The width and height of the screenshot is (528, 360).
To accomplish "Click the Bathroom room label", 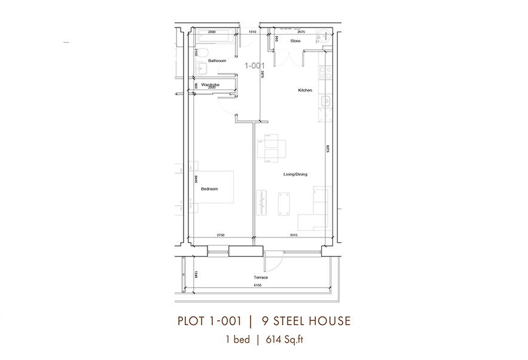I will pyautogui.click(x=217, y=61).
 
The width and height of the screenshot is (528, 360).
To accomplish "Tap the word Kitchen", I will pyautogui.click(x=305, y=90).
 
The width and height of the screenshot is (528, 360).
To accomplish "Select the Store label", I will pyautogui.click(x=295, y=41).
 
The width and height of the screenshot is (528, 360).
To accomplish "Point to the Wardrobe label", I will pyautogui.click(x=210, y=85).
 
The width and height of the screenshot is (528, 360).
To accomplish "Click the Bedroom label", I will pyautogui.click(x=209, y=189).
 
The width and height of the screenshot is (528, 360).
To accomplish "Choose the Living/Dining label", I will pyautogui.click(x=295, y=175).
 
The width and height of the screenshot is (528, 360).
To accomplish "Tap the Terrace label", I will pyautogui.click(x=260, y=277).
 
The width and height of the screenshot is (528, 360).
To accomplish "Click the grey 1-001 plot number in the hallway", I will pyautogui.click(x=254, y=66).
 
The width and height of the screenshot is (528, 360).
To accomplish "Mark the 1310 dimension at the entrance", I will pyautogui.click(x=252, y=32).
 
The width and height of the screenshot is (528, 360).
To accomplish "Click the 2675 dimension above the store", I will pyautogui.click(x=301, y=32).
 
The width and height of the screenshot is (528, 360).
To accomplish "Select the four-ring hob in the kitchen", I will pyautogui.click(x=326, y=72).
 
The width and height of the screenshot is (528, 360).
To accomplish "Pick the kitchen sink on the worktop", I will pyautogui.click(x=326, y=102).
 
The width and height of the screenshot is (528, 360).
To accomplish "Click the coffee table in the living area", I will pyautogui.click(x=284, y=203).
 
